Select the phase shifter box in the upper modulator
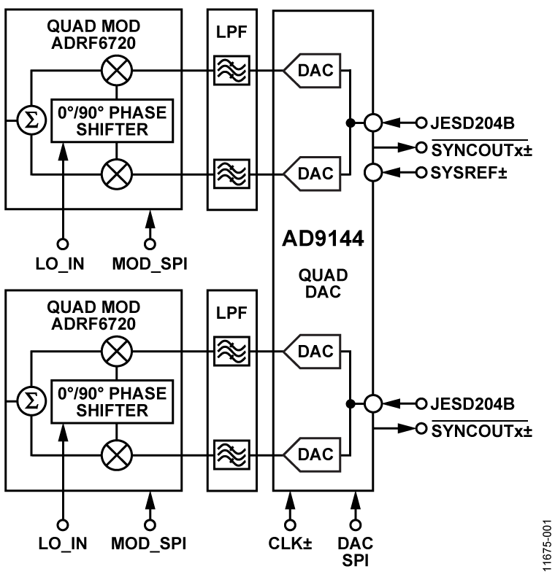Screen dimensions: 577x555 tap(112, 120)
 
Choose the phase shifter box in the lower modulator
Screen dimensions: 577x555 tap(112, 401)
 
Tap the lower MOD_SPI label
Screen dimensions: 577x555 tap(150, 544)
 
